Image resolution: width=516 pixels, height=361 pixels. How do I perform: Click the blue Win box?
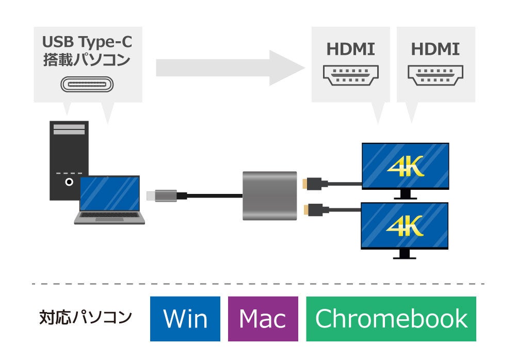[185, 319]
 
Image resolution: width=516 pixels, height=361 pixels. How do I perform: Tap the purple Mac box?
[263, 319]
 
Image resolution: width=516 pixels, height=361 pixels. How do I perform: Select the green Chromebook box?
[391, 319]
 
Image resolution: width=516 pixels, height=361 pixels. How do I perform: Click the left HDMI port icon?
[351, 75]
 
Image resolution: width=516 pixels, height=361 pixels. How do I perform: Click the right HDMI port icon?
[436, 75]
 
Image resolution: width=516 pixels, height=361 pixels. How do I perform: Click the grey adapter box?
[269, 196]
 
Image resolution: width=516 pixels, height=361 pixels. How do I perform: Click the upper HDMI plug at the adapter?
[312, 183]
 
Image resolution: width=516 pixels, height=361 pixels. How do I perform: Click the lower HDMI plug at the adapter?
[312, 209]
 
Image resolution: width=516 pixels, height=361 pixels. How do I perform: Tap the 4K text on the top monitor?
[405, 166]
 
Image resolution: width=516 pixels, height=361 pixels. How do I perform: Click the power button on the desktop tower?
[69, 182]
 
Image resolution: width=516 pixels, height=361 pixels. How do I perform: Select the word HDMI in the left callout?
[351, 50]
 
